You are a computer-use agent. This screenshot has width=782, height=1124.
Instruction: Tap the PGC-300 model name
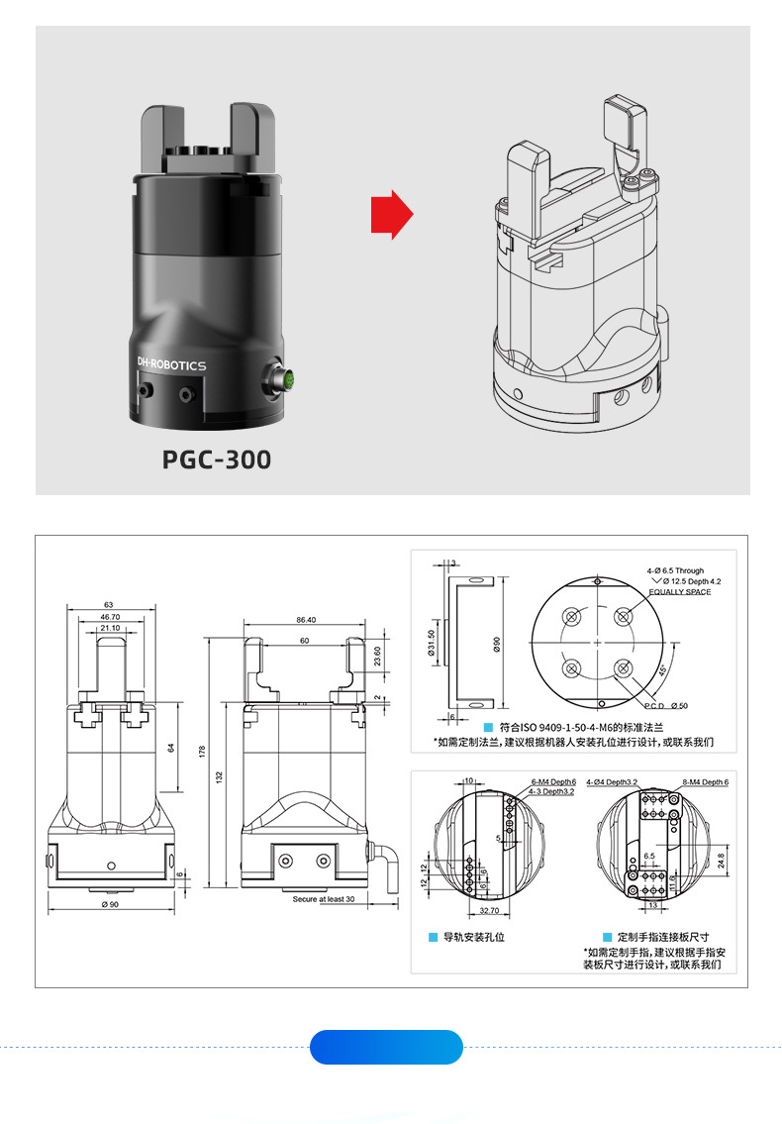pyautogui.click(x=216, y=460)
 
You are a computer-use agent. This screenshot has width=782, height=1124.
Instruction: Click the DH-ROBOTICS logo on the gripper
pyautogui.click(x=171, y=365)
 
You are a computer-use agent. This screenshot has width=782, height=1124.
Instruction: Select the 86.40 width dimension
pyautogui.click(x=305, y=619)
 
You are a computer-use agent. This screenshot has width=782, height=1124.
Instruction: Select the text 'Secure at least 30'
pyautogui.click(x=324, y=899)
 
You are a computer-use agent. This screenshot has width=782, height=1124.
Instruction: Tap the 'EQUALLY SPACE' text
pyautogui.click(x=680, y=591)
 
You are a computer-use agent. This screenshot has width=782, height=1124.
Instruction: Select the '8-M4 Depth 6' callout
pyautogui.click(x=706, y=781)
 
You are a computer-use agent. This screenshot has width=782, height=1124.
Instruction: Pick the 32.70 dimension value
pyautogui.click(x=488, y=910)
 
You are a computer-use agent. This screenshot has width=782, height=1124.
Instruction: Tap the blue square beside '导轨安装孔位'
pyautogui.click(x=433, y=936)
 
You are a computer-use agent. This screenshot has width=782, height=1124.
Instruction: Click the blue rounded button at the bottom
pyautogui.click(x=386, y=1047)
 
